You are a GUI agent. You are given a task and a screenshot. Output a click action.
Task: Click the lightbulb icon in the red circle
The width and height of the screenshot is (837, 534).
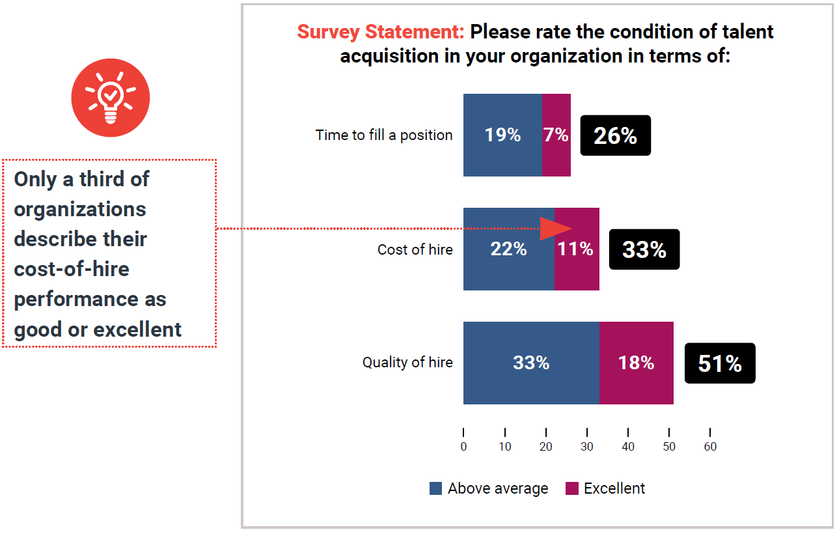(111, 98)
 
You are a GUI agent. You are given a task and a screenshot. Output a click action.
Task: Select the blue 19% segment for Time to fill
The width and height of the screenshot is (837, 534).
(502, 135)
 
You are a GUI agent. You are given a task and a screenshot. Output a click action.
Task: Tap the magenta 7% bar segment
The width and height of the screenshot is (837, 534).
(556, 135)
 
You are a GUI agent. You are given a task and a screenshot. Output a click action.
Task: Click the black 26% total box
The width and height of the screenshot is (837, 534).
(615, 135)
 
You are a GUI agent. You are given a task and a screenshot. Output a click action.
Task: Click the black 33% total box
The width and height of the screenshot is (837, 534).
(644, 249)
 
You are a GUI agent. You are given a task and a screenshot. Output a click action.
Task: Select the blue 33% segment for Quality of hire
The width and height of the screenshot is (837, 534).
(531, 363)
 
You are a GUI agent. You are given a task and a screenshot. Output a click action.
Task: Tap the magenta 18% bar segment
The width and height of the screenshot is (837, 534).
(636, 363)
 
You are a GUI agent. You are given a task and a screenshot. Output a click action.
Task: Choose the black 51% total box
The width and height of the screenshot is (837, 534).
(719, 363)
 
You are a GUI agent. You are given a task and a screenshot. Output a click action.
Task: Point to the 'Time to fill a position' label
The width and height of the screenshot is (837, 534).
(384, 135)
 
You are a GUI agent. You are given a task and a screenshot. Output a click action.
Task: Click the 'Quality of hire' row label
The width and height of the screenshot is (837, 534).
(407, 363)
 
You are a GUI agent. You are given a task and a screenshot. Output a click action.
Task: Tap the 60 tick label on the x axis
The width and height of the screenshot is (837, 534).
(709, 447)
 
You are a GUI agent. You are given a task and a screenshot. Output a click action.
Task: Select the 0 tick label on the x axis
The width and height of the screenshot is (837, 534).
(463, 447)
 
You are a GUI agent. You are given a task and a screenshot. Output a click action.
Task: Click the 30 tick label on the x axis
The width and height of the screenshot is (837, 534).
(586, 447)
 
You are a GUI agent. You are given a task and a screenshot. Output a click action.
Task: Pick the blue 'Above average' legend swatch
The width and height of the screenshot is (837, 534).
(436, 488)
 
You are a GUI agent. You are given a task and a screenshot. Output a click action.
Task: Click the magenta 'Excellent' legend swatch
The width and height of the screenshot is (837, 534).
(571, 488)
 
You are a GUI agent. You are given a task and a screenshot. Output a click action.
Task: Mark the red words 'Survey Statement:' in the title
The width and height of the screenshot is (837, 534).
(381, 32)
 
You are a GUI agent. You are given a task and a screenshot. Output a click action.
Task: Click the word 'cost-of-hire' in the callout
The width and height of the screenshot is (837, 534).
(72, 269)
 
